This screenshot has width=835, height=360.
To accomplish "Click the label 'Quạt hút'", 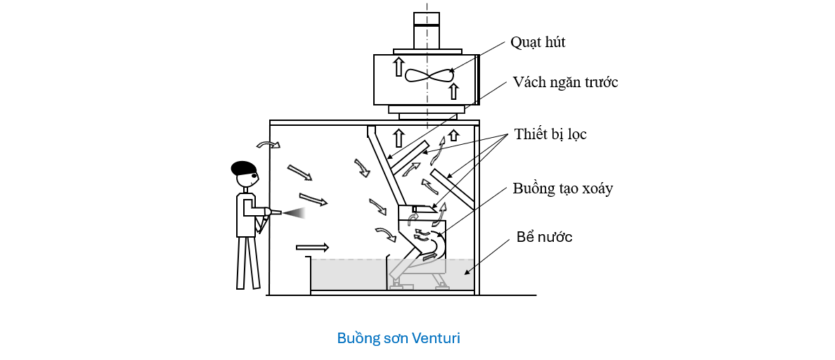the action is coord(538,42).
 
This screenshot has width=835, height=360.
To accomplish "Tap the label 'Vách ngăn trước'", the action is coord(566,82).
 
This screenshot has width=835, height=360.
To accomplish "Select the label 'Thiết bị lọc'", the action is coord(550,134).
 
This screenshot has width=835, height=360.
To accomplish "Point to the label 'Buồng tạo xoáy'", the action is coord(563,188).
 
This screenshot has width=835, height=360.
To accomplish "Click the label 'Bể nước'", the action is coord(544,236).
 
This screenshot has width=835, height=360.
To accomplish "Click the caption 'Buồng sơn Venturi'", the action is coord(399,338).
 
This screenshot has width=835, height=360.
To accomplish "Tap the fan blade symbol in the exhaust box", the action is coord(426,76).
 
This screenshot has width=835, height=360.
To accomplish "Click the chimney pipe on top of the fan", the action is coord(427,32).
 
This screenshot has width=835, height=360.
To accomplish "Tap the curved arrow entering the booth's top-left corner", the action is coord(268,144).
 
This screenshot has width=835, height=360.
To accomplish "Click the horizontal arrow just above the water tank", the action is coord(312,247).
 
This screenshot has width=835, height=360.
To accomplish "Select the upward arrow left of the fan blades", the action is coord(398,67).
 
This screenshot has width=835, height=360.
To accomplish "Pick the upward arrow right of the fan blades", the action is coord(453,90).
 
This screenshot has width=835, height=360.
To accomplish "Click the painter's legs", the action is coord(248,262).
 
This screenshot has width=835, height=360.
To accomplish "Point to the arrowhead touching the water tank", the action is coord(468,272).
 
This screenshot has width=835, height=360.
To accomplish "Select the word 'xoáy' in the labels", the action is coord(597,188).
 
